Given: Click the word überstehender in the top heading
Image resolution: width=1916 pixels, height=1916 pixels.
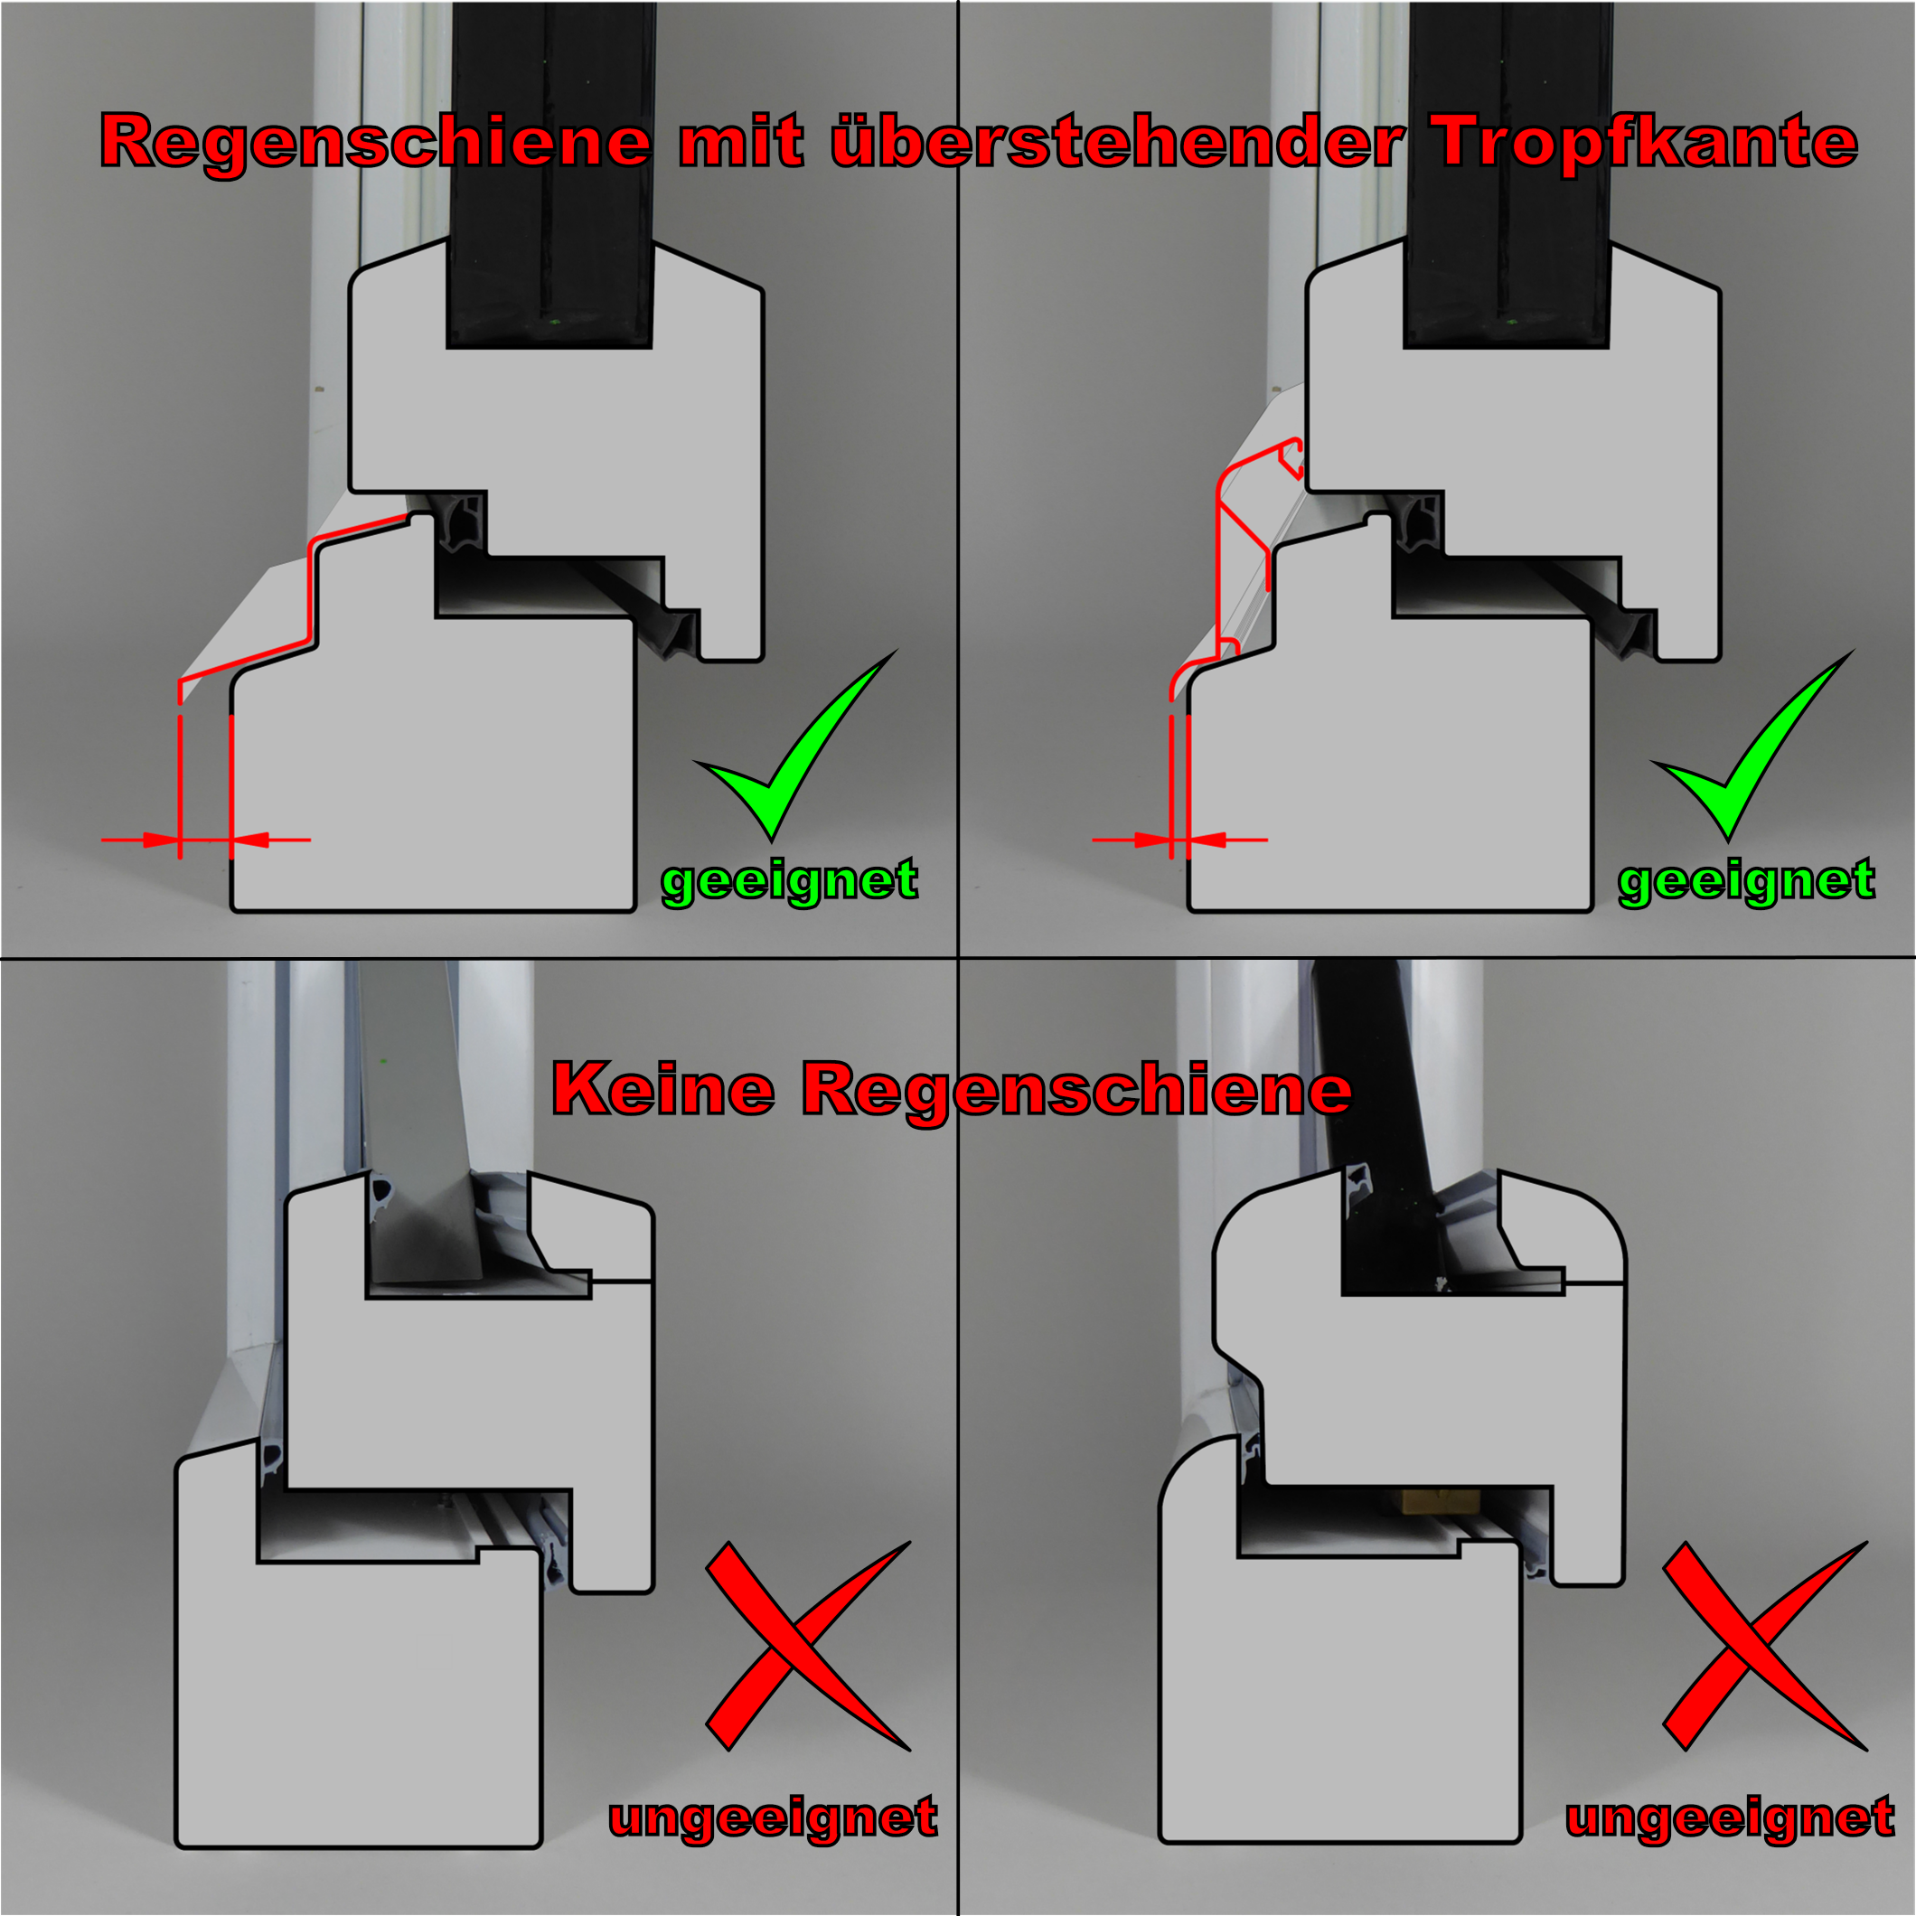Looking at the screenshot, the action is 1118,141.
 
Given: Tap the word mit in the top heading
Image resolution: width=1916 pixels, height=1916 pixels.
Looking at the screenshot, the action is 741,141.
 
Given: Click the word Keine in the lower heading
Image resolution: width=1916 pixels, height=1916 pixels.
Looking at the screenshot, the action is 662,1089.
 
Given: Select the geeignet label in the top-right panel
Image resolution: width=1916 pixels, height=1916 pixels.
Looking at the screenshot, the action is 1746,880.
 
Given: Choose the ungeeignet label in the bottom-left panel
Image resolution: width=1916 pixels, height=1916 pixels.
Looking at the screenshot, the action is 774,1817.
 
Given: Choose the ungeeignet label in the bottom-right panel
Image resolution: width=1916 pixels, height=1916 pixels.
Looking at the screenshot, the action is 1731,1817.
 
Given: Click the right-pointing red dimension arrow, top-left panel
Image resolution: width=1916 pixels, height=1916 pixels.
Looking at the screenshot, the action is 140,840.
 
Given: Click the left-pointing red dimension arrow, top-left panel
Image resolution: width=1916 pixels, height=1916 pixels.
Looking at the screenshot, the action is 271,840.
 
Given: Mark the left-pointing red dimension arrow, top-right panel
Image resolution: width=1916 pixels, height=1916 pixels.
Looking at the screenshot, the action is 1227,840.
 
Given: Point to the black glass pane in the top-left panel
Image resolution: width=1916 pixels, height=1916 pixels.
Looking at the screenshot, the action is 550,174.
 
